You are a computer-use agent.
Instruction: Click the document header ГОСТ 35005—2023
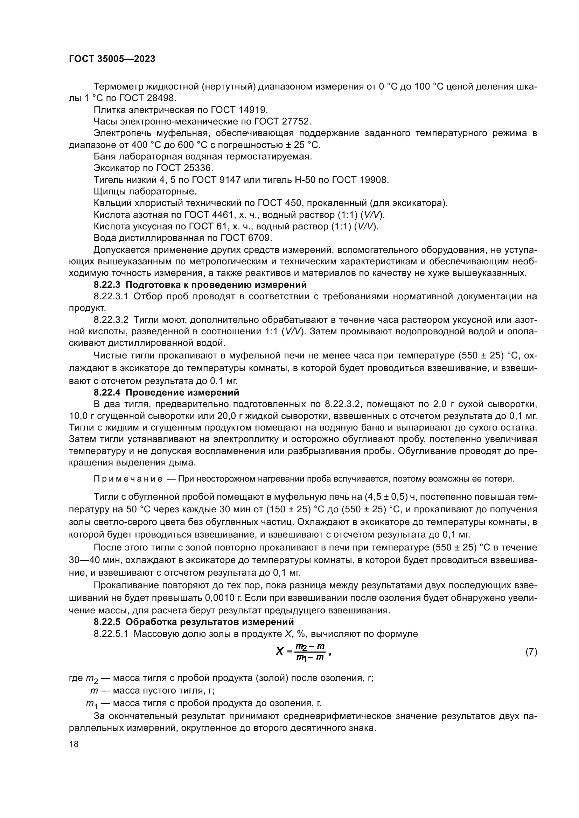[x=112, y=59]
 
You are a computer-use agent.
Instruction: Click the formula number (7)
[x=531, y=652]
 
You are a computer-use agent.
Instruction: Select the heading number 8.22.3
[x=107, y=285]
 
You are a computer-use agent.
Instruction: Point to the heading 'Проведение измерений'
[x=182, y=393]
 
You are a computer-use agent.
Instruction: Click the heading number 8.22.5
[x=107, y=622]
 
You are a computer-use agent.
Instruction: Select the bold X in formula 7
[x=279, y=652]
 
